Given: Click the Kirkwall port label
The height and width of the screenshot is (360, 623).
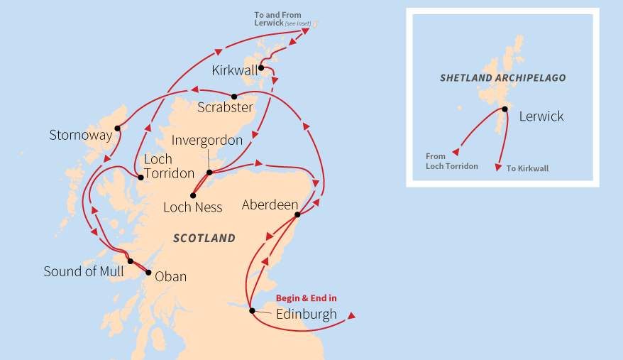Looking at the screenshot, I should click(x=236, y=70).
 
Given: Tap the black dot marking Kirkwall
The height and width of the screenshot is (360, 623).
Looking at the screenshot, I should click(x=261, y=68).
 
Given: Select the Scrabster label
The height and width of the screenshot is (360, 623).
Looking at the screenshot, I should click(x=225, y=108).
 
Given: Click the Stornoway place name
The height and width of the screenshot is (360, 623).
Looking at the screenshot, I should click(x=81, y=135).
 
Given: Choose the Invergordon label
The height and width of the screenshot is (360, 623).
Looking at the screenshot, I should click(x=207, y=141).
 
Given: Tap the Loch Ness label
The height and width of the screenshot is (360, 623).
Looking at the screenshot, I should click(x=192, y=207).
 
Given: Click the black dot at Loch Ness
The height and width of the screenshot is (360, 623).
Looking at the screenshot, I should click(x=193, y=195).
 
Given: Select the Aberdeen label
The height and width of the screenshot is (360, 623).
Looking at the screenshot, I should click(x=270, y=205).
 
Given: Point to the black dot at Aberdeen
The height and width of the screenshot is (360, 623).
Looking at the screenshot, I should click(x=297, y=215).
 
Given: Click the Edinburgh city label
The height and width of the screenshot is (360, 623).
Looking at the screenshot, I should click(x=307, y=314).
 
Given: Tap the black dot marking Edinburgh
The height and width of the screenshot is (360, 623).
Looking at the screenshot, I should click(x=252, y=310).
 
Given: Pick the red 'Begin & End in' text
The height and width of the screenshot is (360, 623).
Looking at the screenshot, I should click(x=306, y=298).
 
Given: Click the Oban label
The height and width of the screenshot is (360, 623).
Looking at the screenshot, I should click(x=170, y=276).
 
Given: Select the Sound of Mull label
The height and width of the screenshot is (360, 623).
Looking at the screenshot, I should click(x=84, y=271).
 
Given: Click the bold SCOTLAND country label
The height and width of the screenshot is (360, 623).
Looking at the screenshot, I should click(x=204, y=239).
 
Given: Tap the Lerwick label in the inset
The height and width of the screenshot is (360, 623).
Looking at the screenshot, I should click(x=541, y=116).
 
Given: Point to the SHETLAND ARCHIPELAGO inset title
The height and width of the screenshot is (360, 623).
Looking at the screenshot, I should click(x=502, y=77).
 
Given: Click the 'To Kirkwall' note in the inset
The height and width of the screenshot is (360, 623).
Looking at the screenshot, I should click(x=527, y=169).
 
